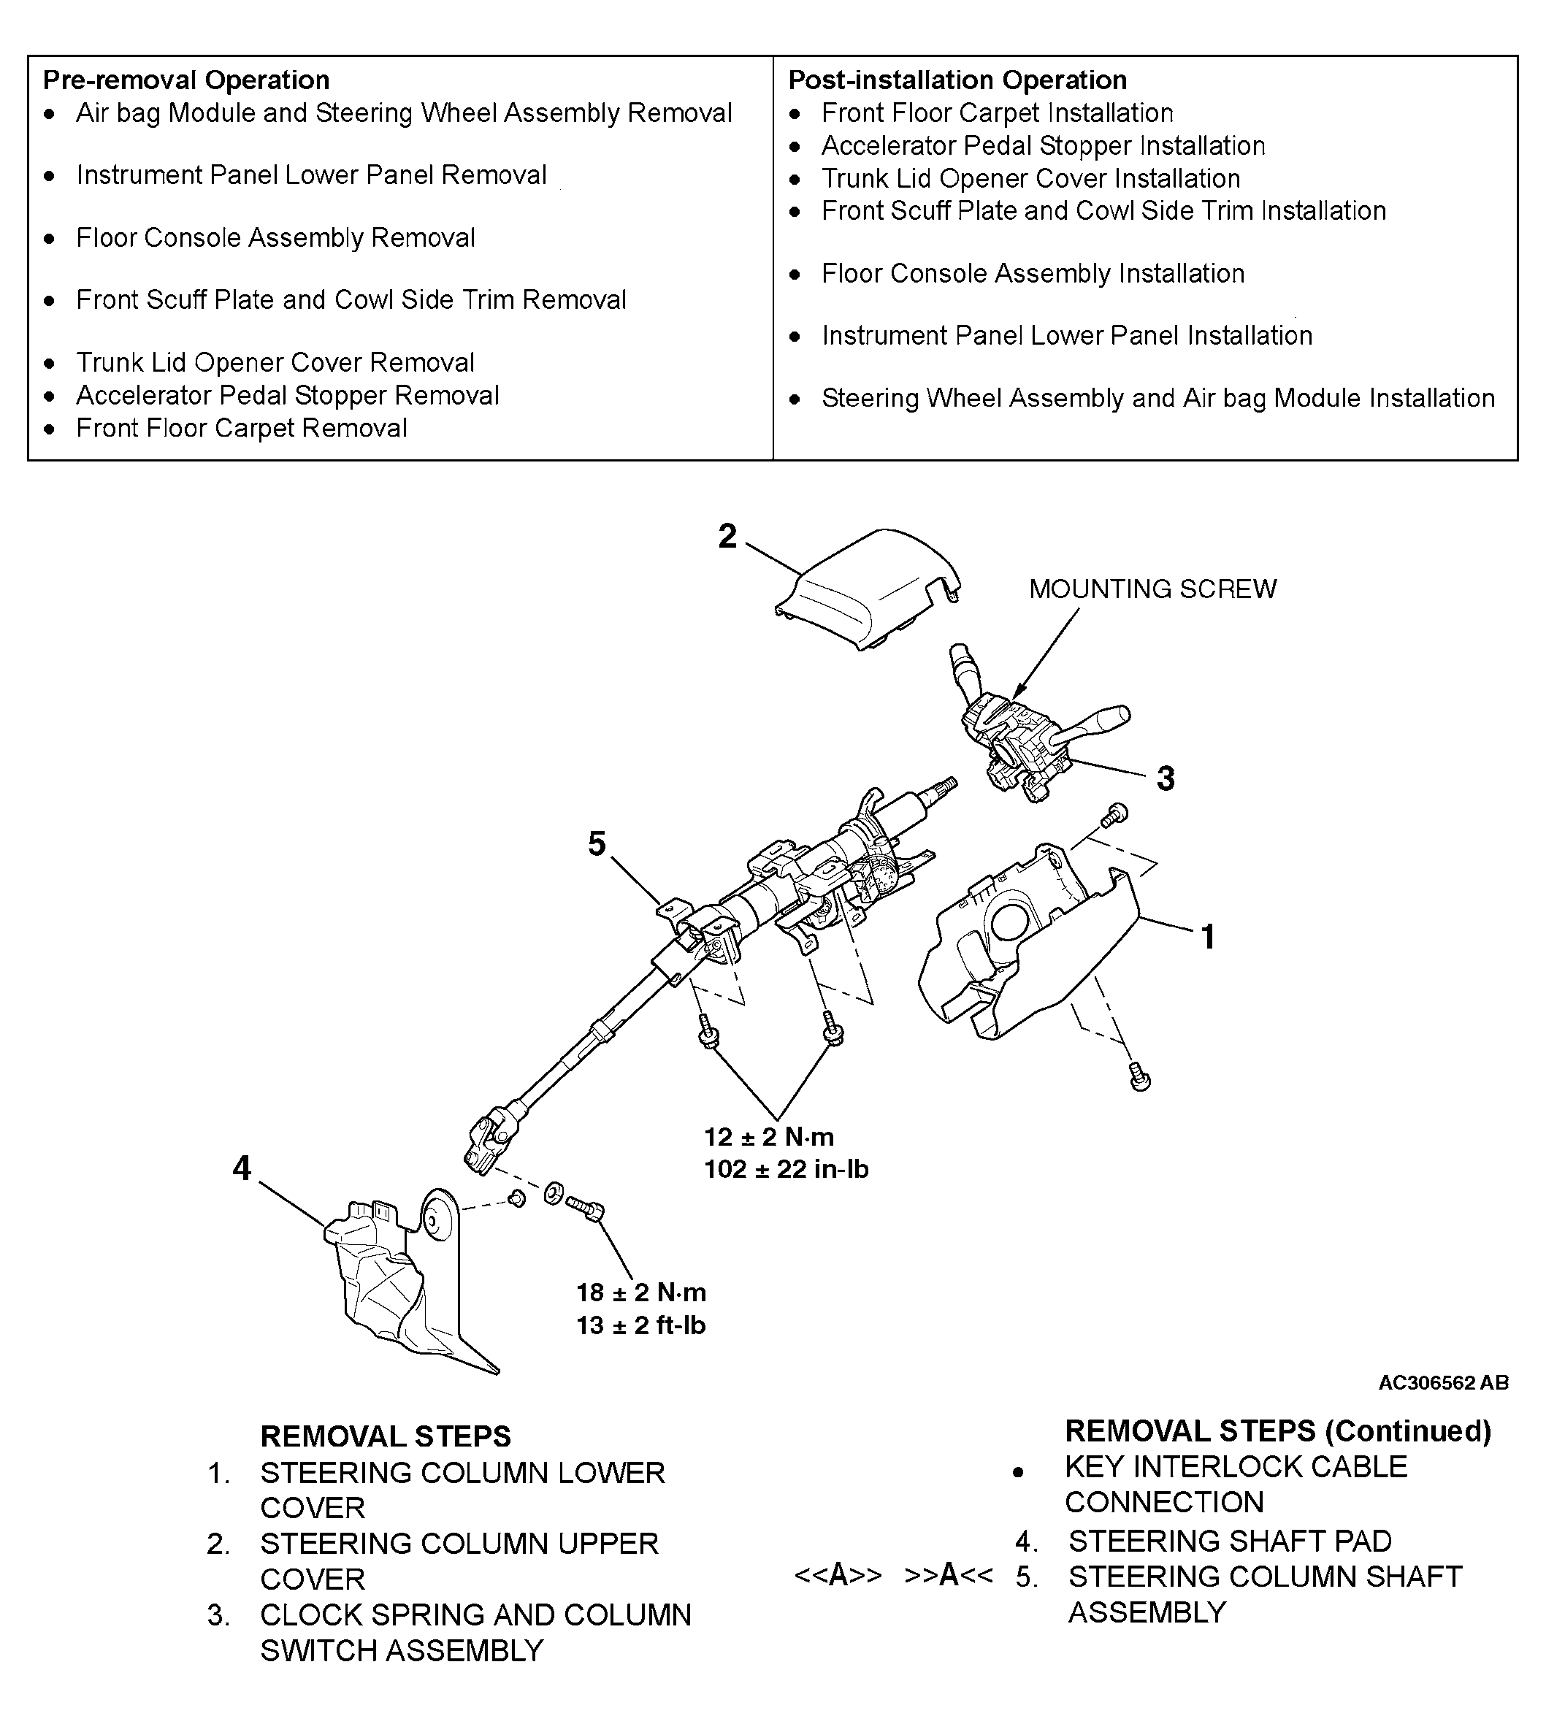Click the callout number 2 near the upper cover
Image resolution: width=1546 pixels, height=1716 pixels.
pos(727,537)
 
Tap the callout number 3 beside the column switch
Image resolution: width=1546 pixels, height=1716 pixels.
pos(1166,778)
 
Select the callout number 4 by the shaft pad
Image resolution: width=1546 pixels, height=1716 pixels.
pos(242,1168)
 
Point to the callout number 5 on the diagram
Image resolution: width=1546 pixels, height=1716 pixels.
pos(597,843)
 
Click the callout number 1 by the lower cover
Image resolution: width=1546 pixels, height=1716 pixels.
pos(1208,937)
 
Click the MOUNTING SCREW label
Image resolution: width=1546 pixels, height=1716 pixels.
pos(1152,589)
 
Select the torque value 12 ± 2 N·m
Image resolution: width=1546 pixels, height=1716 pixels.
pos(769,1137)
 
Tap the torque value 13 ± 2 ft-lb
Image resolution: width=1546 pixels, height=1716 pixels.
pos(640,1325)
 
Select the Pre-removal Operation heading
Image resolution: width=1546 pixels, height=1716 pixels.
pos(186,80)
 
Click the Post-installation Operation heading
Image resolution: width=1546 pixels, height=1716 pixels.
pos(957,80)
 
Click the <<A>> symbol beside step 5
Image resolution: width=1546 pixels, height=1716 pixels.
pos(838,1575)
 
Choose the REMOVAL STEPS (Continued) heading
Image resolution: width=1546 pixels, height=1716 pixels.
pos(1277,1430)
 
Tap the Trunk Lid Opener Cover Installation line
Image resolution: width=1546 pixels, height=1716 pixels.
pos(1030,178)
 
